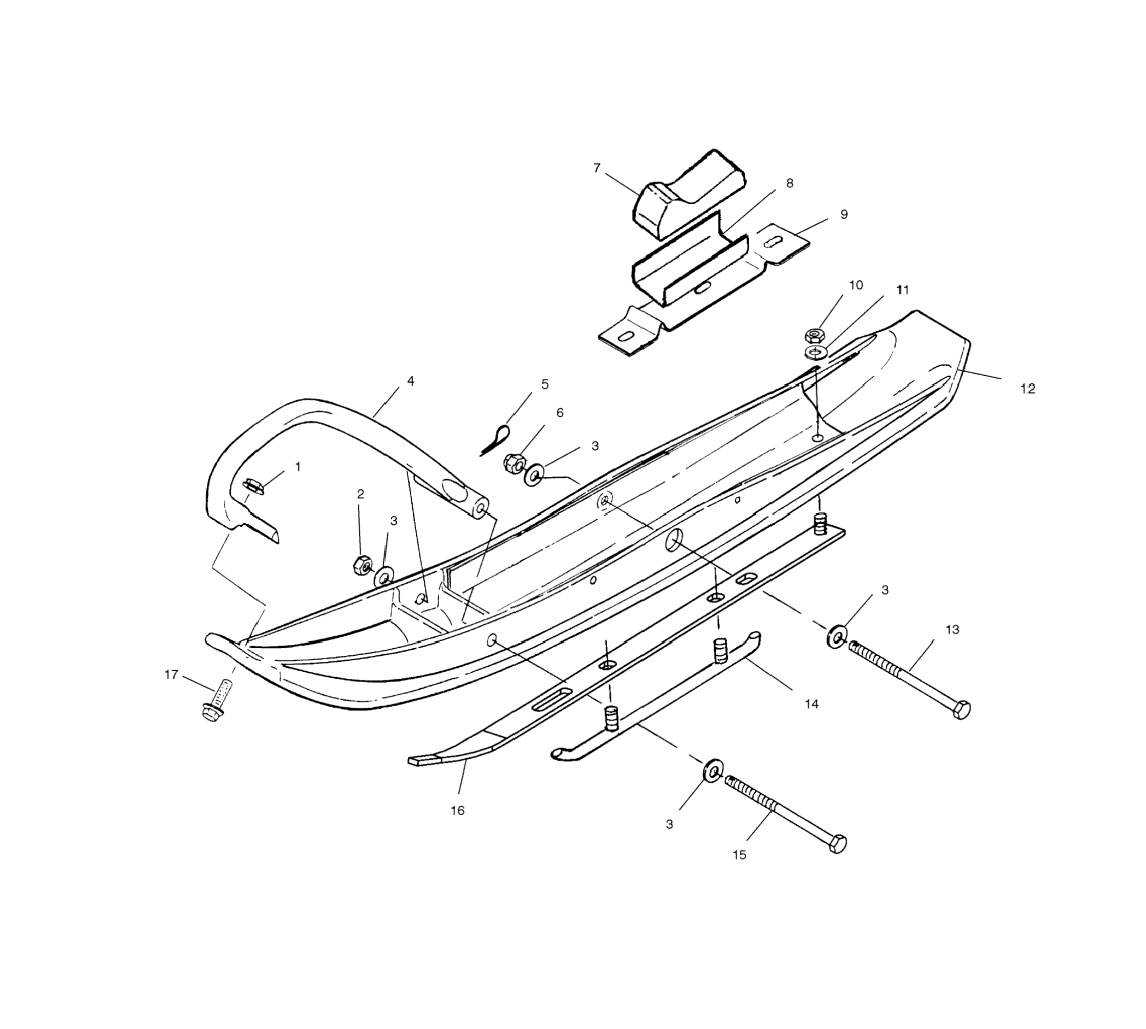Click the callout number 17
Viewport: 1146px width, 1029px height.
171,675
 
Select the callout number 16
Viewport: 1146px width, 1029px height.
457,810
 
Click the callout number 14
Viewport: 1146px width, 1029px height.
812,704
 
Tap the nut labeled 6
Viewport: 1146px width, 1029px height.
514,463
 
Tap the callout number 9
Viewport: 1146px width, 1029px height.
844,214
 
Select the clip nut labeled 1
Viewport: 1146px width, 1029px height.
252,485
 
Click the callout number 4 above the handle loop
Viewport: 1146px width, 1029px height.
411,381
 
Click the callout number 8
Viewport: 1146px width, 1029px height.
790,183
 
